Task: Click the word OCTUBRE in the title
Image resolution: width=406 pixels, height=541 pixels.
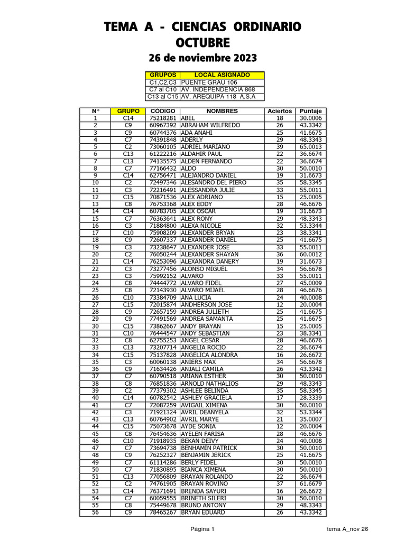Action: point(204,42)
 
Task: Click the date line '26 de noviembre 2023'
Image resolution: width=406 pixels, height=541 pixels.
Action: point(204,58)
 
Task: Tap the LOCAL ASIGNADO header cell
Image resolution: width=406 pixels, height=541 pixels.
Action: point(222,76)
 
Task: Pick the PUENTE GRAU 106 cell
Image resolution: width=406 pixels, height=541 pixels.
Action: point(209,82)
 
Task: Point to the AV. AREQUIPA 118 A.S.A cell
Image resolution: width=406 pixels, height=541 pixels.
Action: point(218,97)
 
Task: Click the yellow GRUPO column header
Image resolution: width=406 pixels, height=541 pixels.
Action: point(128,111)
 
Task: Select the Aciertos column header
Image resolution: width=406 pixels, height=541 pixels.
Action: point(280,111)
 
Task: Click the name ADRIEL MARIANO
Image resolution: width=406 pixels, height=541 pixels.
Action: point(206,147)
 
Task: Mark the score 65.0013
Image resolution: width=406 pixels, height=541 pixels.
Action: point(311,147)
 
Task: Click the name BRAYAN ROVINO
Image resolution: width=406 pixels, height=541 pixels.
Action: point(205,483)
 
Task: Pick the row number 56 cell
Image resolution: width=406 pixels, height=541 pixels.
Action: point(95,512)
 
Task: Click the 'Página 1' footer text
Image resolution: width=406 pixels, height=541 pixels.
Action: point(202,529)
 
